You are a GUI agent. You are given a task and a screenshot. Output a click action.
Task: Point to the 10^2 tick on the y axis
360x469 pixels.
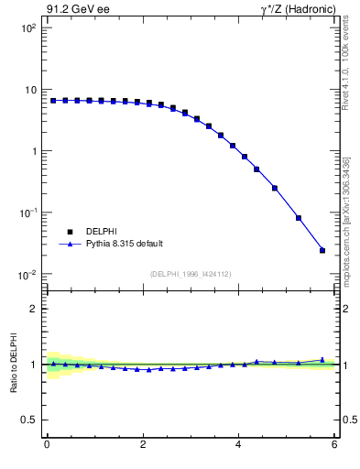click(29, 28)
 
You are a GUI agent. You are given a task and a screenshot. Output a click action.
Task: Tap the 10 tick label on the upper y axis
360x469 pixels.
click(31, 90)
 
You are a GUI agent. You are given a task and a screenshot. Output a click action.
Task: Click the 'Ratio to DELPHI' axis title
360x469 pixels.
click(13, 365)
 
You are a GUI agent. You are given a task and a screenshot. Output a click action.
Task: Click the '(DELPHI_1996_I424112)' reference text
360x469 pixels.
click(191, 273)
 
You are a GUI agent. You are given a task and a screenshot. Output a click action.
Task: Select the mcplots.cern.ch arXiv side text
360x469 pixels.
click(352, 202)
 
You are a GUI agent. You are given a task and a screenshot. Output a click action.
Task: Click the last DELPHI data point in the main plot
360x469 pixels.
click(322, 250)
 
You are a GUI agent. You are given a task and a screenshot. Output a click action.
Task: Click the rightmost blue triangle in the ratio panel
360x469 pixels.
click(322, 360)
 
